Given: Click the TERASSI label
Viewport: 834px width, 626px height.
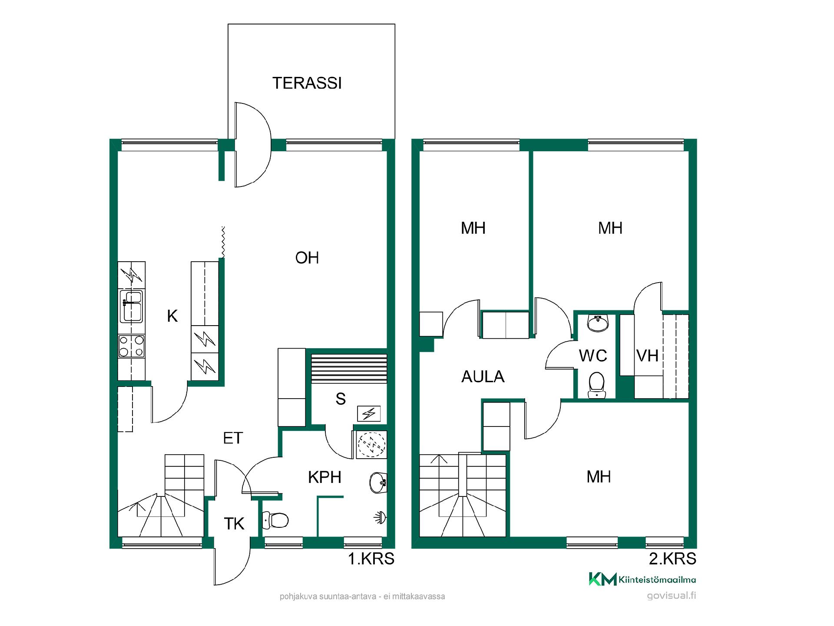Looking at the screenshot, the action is click(307, 83).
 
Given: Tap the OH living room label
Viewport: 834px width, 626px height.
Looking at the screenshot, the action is click(307, 258).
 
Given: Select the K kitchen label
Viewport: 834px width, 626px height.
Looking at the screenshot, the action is click(172, 316).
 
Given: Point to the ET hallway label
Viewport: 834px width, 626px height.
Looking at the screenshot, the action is click(233, 438).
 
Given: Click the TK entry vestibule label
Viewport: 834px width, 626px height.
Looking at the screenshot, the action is click(234, 524).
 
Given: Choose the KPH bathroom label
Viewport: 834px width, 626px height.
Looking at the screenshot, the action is click(324, 477).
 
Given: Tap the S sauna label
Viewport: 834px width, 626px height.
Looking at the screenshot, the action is click(341, 399).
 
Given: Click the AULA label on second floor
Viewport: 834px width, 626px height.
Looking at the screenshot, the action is click(483, 376).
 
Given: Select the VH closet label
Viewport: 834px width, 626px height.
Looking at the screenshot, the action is click(648, 356).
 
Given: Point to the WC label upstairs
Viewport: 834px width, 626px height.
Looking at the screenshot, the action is click(593, 356).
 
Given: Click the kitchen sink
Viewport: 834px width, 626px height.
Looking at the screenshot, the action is click(131, 306).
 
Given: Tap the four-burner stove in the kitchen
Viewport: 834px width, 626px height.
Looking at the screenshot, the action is click(131, 346).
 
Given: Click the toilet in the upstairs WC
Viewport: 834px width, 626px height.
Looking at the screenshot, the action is click(596, 384).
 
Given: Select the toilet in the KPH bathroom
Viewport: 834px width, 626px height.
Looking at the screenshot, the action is click(275, 520).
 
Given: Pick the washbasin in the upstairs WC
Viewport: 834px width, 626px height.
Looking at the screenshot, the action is click(598, 323).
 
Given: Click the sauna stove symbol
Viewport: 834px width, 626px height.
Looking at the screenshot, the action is click(369, 413).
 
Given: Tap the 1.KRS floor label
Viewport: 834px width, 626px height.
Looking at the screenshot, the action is click(371, 559).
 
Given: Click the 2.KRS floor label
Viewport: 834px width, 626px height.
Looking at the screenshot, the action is click(672, 559).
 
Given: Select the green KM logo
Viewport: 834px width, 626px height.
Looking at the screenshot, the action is click(602, 579).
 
